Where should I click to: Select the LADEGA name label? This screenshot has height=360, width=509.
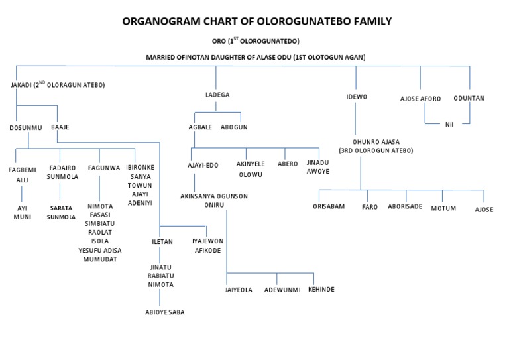217,95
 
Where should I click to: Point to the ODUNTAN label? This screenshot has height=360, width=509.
469,98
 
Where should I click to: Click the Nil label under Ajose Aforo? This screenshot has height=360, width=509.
449,124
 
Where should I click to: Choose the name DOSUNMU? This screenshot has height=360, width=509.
26,127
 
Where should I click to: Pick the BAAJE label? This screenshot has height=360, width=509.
60,127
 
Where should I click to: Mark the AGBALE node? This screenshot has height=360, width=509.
200,127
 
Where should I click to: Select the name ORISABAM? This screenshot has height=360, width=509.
329,207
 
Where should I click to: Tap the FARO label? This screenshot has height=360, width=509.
369,207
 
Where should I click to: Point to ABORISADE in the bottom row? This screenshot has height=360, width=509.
404,206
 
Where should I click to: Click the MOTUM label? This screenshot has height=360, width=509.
443,208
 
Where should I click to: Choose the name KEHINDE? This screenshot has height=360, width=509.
321,290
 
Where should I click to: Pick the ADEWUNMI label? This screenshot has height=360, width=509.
282,290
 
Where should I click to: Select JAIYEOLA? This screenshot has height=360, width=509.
239,290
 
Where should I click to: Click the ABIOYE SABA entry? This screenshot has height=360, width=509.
165,312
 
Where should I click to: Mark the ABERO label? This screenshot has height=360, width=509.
288,163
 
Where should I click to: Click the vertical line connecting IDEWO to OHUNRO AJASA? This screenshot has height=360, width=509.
356,119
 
